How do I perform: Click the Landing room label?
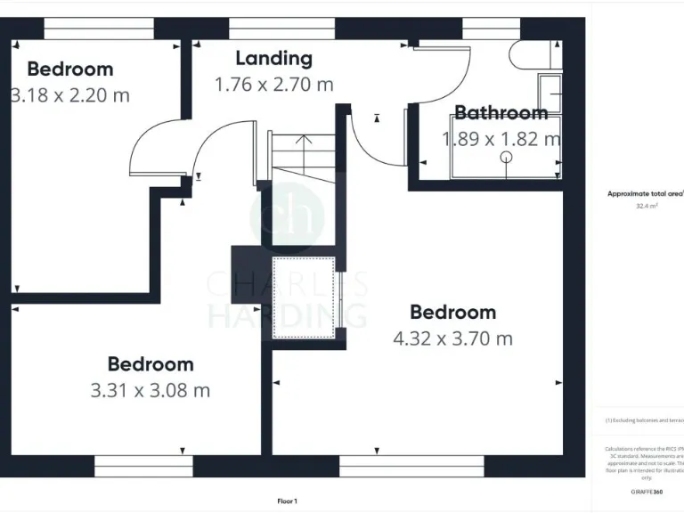pos(273,59)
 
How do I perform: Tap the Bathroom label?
pos(501,113)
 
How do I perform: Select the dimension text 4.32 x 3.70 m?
pos(452,338)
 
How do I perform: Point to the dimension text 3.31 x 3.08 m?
pos(151,390)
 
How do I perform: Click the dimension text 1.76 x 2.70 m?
pos(273,85)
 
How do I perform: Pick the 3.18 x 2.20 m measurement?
pos(69,94)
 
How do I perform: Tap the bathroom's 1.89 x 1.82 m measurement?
pos(501,139)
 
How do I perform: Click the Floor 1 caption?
pos(287,501)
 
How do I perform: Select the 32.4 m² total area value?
pos(647,206)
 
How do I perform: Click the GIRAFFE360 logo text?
pos(647,492)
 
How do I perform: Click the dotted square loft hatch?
pos(305,297)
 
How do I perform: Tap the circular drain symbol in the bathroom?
pos(507,157)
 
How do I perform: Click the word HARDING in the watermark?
pos(287,315)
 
